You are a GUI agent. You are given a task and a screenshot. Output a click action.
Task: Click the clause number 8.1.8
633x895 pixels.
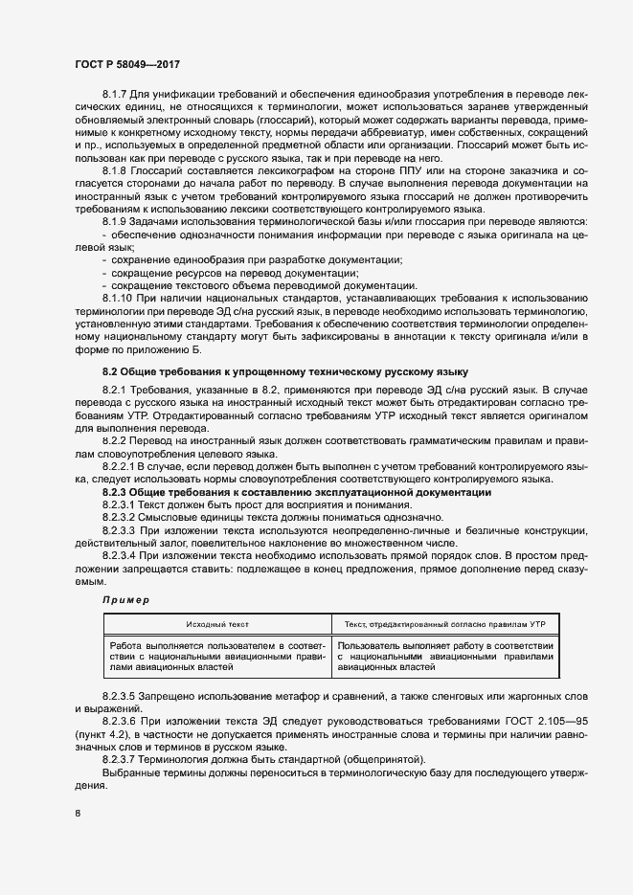pos(116,169)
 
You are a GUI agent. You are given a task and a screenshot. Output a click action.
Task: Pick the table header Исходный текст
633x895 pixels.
pos(217,623)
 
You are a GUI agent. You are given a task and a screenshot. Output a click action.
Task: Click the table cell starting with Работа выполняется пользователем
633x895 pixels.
pos(218,657)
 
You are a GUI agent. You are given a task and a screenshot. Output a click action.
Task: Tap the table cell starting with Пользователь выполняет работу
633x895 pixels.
pos(445,657)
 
